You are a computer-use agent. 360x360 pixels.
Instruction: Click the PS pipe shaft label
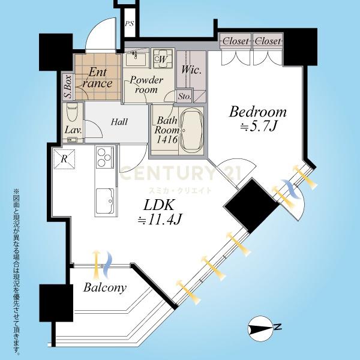click(129, 23)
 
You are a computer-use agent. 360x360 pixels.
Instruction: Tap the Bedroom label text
click(258, 112)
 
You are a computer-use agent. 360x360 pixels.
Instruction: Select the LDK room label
click(158, 205)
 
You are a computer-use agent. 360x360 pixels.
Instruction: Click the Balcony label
click(105, 287)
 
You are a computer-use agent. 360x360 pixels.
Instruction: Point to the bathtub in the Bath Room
click(192, 131)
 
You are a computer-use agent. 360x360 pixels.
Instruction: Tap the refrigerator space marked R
click(65, 159)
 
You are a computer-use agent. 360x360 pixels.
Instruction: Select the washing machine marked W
click(163, 59)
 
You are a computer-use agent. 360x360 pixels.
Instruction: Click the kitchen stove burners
click(105, 157)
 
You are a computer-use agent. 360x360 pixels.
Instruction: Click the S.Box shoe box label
click(68, 87)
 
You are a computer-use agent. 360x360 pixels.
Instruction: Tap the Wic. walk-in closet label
click(191, 70)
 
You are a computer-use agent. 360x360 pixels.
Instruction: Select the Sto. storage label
click(185, 97)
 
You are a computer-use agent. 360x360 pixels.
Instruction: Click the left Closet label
click(236, 41)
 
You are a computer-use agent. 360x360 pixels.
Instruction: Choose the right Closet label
click(268, 41)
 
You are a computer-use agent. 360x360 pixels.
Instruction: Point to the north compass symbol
click(260, 328)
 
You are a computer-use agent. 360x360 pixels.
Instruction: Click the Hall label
click(119, 122)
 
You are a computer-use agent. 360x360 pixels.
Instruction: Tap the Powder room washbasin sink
click(135, 59)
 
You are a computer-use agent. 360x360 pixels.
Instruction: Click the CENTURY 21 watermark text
click(181, 173)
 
